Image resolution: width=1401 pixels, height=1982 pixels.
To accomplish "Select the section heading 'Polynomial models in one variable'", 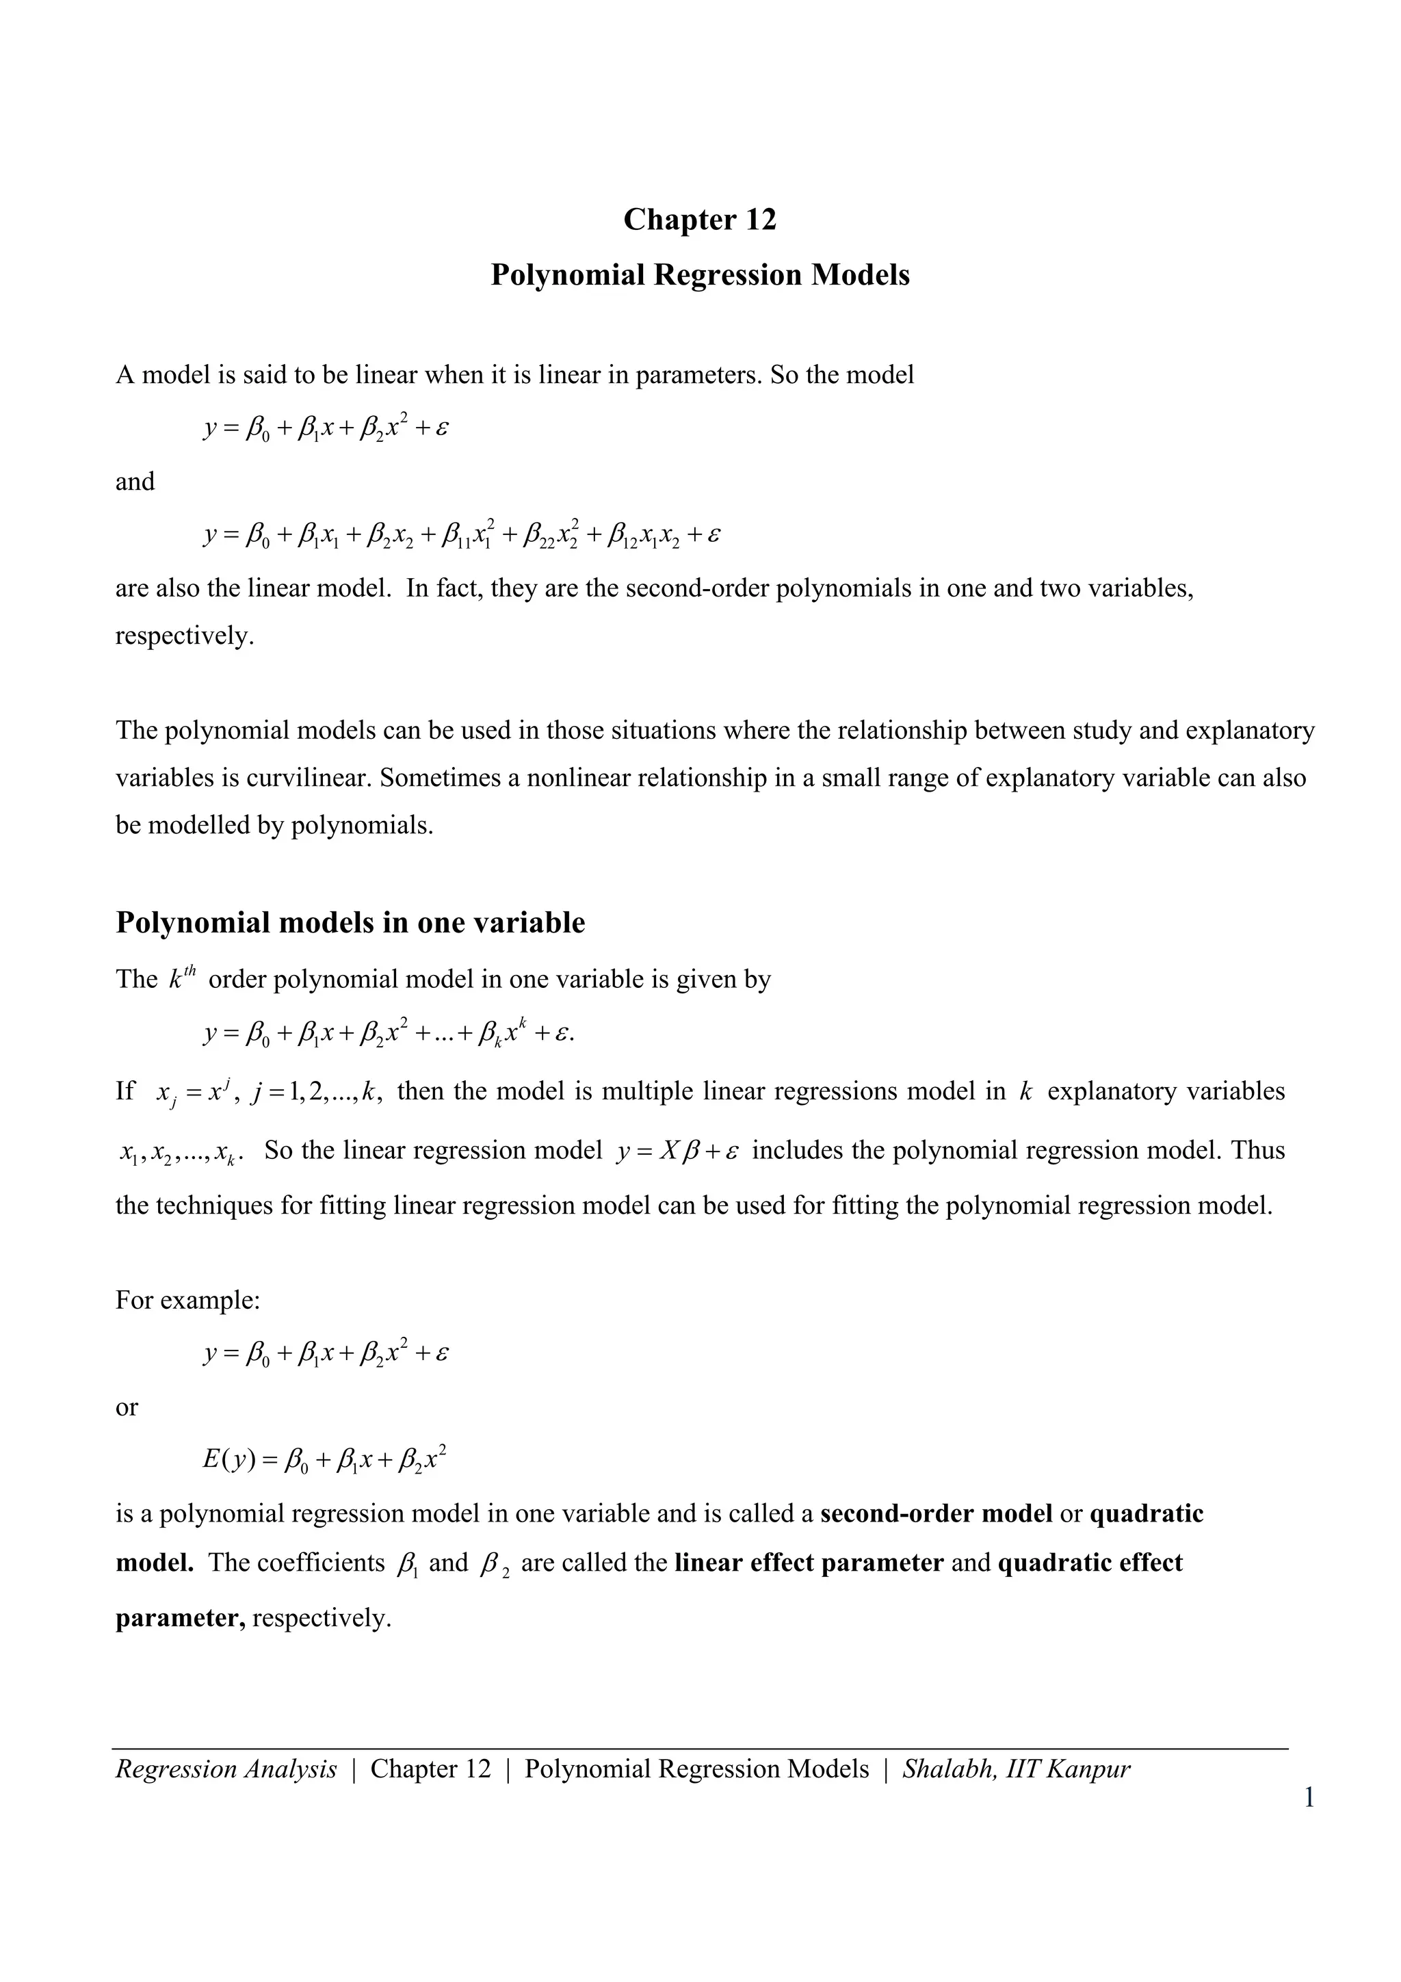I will pyautogui.click(x=350, y=922).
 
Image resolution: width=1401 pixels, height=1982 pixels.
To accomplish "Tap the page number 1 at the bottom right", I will pyautogui.click(x=1309, y=1798).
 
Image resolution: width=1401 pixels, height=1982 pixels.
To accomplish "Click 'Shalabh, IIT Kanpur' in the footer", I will pyautogui.click(x=1016, y=1769).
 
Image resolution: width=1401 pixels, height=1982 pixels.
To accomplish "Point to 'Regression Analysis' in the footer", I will pyautogui.click(x=226, y=1769).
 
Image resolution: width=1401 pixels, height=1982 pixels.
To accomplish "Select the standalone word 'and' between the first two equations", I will pyautogui.click(x=135, y=482).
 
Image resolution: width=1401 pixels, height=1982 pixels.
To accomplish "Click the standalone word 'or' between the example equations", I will pyautogui.click(x=126, y=1407).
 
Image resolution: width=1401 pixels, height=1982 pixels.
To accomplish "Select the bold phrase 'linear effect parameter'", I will pyautogui.click(x=808, y=1563).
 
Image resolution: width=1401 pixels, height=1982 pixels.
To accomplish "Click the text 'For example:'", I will pyautogui.click(x=187, y=1300).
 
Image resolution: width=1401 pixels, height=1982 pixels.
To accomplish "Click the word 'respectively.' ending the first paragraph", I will pyautogui.click(x=185, y=636).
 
